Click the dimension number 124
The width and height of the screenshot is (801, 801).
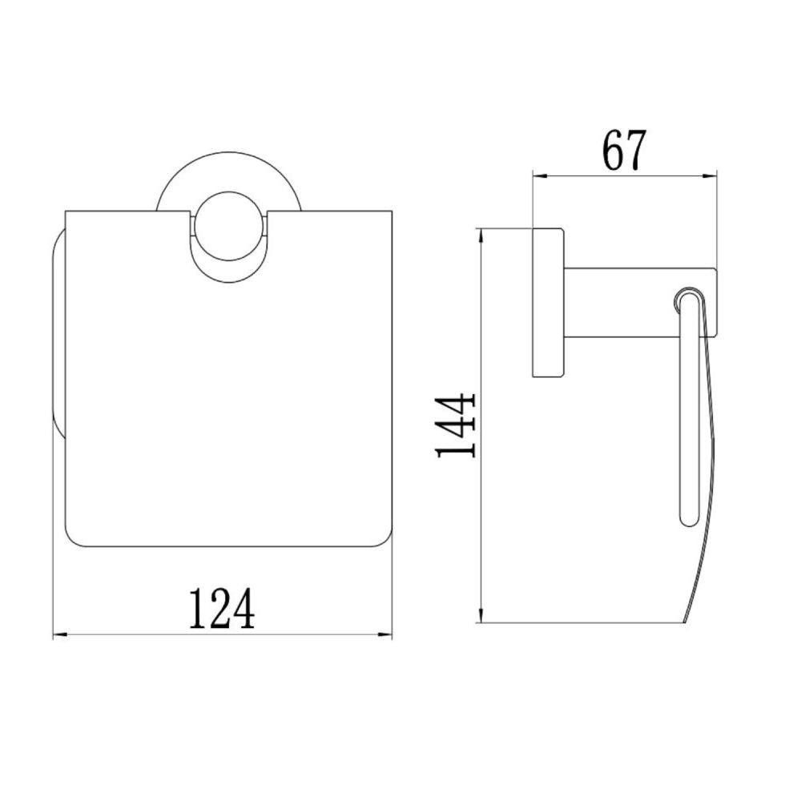[222, 609]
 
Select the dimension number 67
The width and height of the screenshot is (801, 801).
[624, 151]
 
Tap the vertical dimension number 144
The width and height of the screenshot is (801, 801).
[456, 425]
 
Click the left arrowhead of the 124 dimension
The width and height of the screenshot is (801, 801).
[60, 635]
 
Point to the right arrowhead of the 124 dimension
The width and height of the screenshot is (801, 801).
[384, 635]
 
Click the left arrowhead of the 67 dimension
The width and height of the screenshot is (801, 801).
[541, 176]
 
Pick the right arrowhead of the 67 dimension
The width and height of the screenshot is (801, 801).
[709, 176]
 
